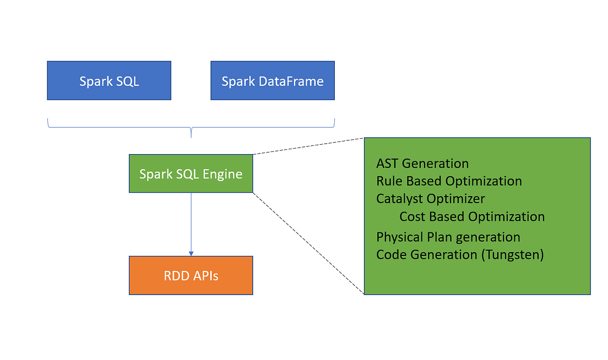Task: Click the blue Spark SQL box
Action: point(109,80)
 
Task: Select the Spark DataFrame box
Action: point(273,80)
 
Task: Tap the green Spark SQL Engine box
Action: point(191,173)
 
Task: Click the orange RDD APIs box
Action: point(191,275)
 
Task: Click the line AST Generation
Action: point(422,163)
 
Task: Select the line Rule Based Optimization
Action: point(449,181)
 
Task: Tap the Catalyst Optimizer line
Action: point(431,198)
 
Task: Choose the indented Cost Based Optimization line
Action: point(472,216)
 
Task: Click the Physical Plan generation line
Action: point(448,237)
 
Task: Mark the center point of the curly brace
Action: point(191,132)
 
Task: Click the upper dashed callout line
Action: point(308,146)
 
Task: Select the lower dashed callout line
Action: point(308,243)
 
